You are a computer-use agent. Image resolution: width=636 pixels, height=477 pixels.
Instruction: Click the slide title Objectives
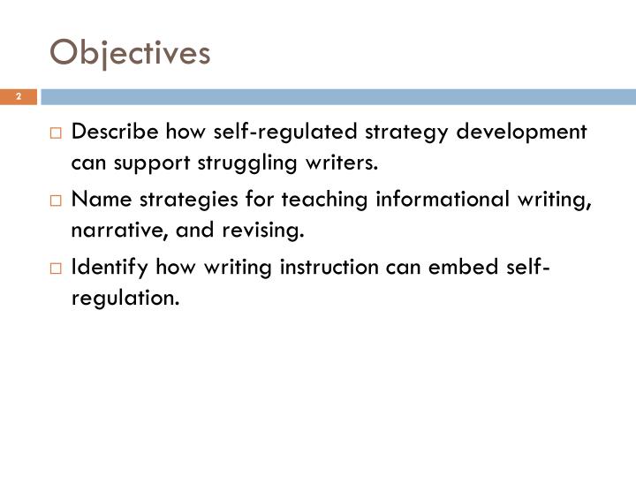[130, 53]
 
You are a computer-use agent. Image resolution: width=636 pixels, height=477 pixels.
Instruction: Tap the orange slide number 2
[17, 96]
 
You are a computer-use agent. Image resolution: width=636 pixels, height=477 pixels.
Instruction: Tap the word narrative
[109, 232]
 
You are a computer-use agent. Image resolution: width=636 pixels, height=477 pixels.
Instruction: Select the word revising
[263, 232]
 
